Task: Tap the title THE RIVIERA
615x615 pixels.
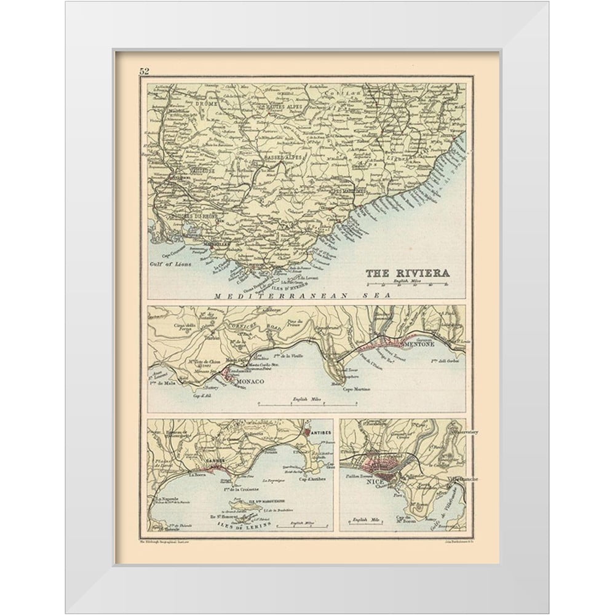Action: (407, 273)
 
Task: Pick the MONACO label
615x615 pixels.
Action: (246, 383)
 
